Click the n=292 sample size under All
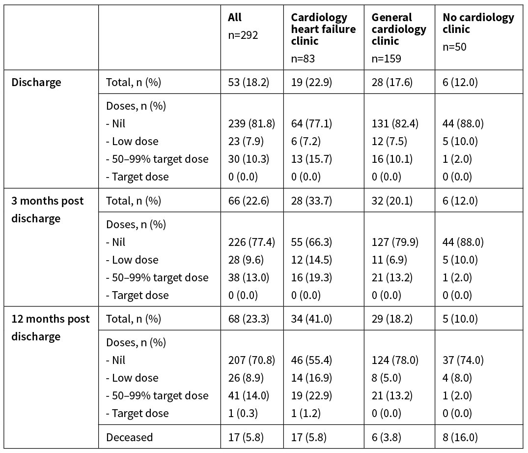(243, 35)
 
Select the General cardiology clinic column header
(399, 29)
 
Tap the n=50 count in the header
(454, 47)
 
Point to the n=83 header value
(303, 59)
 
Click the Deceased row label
(129, 437)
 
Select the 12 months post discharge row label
(51, 328)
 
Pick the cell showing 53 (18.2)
(249, 82)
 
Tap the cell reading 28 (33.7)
(311, 201)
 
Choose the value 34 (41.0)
(311, 319)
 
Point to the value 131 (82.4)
(395, 123)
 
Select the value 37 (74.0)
(463, 360)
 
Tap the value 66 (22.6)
(249, 201)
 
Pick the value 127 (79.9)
(395, 242)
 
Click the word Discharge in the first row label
(36, 82)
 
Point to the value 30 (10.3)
(249, 159)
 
